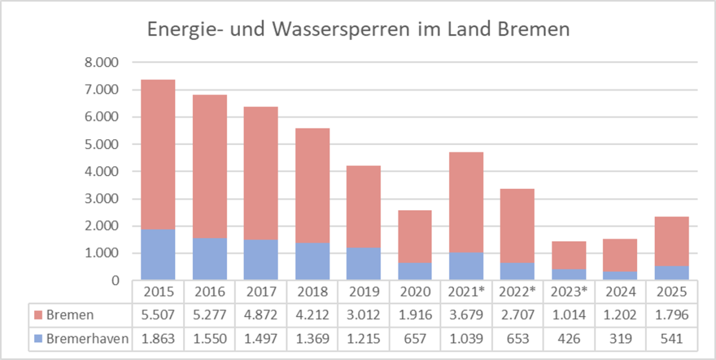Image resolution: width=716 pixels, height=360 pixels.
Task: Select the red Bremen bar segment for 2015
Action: pyautogui.click(x=158, y=154)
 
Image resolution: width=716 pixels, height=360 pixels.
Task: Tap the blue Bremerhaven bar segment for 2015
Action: pyautogui.click(x=158, y=254)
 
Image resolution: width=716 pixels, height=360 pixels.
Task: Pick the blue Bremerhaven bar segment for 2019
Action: pyautogui.click(x=363, y=263)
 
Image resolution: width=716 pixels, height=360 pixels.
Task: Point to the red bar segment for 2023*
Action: pyautogui.click(x=569, y=255)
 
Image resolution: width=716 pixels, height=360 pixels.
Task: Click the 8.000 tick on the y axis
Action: pyautogui.click(x=103, y=63)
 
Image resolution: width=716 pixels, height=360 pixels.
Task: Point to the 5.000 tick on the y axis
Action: pyautogui.click(x=103, y=144)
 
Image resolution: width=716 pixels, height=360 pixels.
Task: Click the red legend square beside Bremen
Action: pyautogui.click(x=40, y=315)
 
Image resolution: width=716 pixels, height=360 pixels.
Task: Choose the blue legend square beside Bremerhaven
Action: pyautogui.click(x=40, y=339)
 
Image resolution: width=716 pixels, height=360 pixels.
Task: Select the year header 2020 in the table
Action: pyautogui.click(x=415, y=293)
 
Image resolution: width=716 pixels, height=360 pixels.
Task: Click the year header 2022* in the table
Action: pyautogui.click(x=517, y=293)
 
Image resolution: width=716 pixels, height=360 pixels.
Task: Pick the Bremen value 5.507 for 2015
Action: pyautogui.click(x=158, y=315)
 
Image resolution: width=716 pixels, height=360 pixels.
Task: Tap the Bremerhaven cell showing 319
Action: pyautogui.click(x=620, y=339)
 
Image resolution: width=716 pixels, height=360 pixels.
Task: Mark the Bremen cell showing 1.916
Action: pyautogui.click(x=415, y=315)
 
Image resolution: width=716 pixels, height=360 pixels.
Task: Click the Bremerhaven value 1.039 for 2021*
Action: pyautogui.click(x=466, y=339)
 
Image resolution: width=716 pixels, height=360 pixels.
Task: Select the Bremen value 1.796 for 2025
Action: pyautogui.click(x=671, y=315)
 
